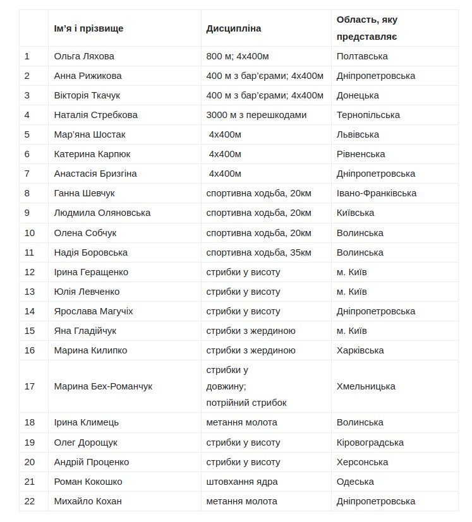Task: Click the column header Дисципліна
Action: (x=233, y=28)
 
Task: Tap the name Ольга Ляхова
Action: (x=84, y=56)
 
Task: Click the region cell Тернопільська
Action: (x=368, y=115)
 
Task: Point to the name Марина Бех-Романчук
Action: (x=103, y=386)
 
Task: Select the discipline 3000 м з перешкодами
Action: (x=256, y=115)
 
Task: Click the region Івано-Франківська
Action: (x=377, y=193)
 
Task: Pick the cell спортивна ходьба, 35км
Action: (x=258, y=252)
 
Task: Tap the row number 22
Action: (x=30, y=501)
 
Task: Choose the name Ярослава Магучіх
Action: (x=94, y=311)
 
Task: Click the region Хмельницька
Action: (x=366, y=386)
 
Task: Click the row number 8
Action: (x=27, y=193)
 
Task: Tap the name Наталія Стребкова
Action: (x=95, y=115)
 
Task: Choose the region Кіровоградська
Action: (x=370, y=442)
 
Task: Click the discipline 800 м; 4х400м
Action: (x=238, y=56)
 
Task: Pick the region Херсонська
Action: (x=362, y=462)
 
